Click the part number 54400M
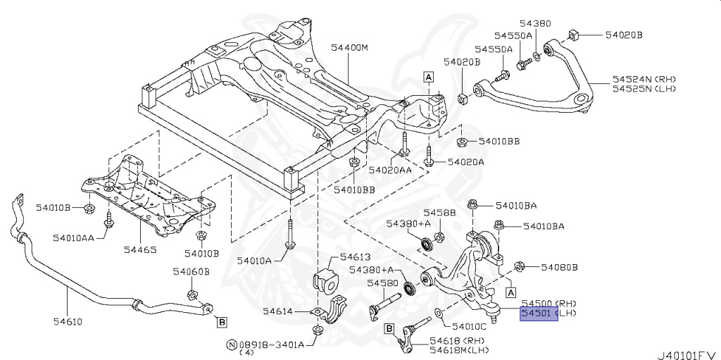(x=350, y=48)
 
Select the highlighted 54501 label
(x=538, y=313)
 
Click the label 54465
(x=141, y=249)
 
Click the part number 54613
(x=355, y=257)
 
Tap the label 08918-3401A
(x=271, y=345)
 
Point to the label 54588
(x=439, y=212)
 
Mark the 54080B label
(x=559, y=267)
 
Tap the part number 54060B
(x=192, y=271)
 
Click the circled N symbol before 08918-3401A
(x=230, y=345)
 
